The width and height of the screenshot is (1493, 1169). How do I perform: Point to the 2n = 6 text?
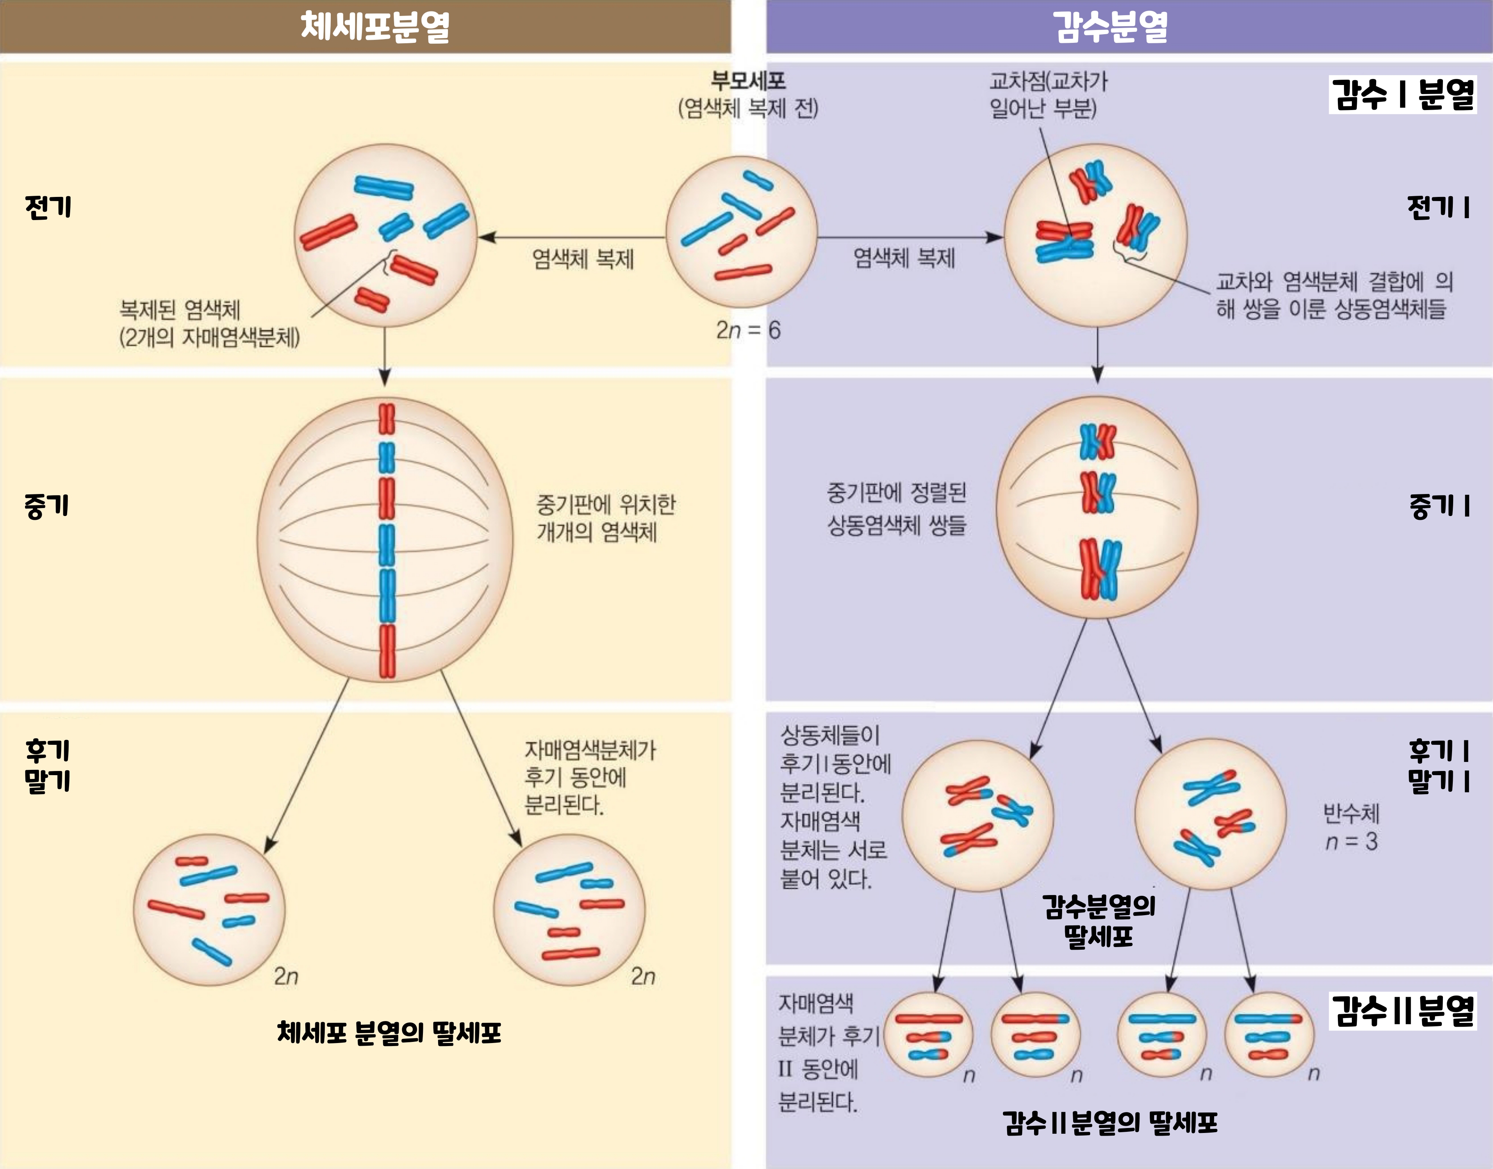(x=748, y=330)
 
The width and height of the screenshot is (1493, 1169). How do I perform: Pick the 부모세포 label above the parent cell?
(x=748, y=81)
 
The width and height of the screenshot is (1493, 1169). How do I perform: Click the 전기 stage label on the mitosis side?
(x=48, y=207)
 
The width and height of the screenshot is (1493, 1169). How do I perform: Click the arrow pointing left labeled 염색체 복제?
(x=571, y=238)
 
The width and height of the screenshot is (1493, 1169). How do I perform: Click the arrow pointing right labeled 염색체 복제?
(x=910, y=238)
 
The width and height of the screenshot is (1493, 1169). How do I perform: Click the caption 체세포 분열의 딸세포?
(x=389, y=1032)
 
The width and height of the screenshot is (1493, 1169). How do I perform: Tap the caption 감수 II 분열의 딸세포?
(x=1110, y=1122)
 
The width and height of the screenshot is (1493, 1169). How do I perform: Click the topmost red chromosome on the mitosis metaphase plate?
(x=387, y=419)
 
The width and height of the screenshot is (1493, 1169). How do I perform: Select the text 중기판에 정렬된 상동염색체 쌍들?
(x=896, y=508)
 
